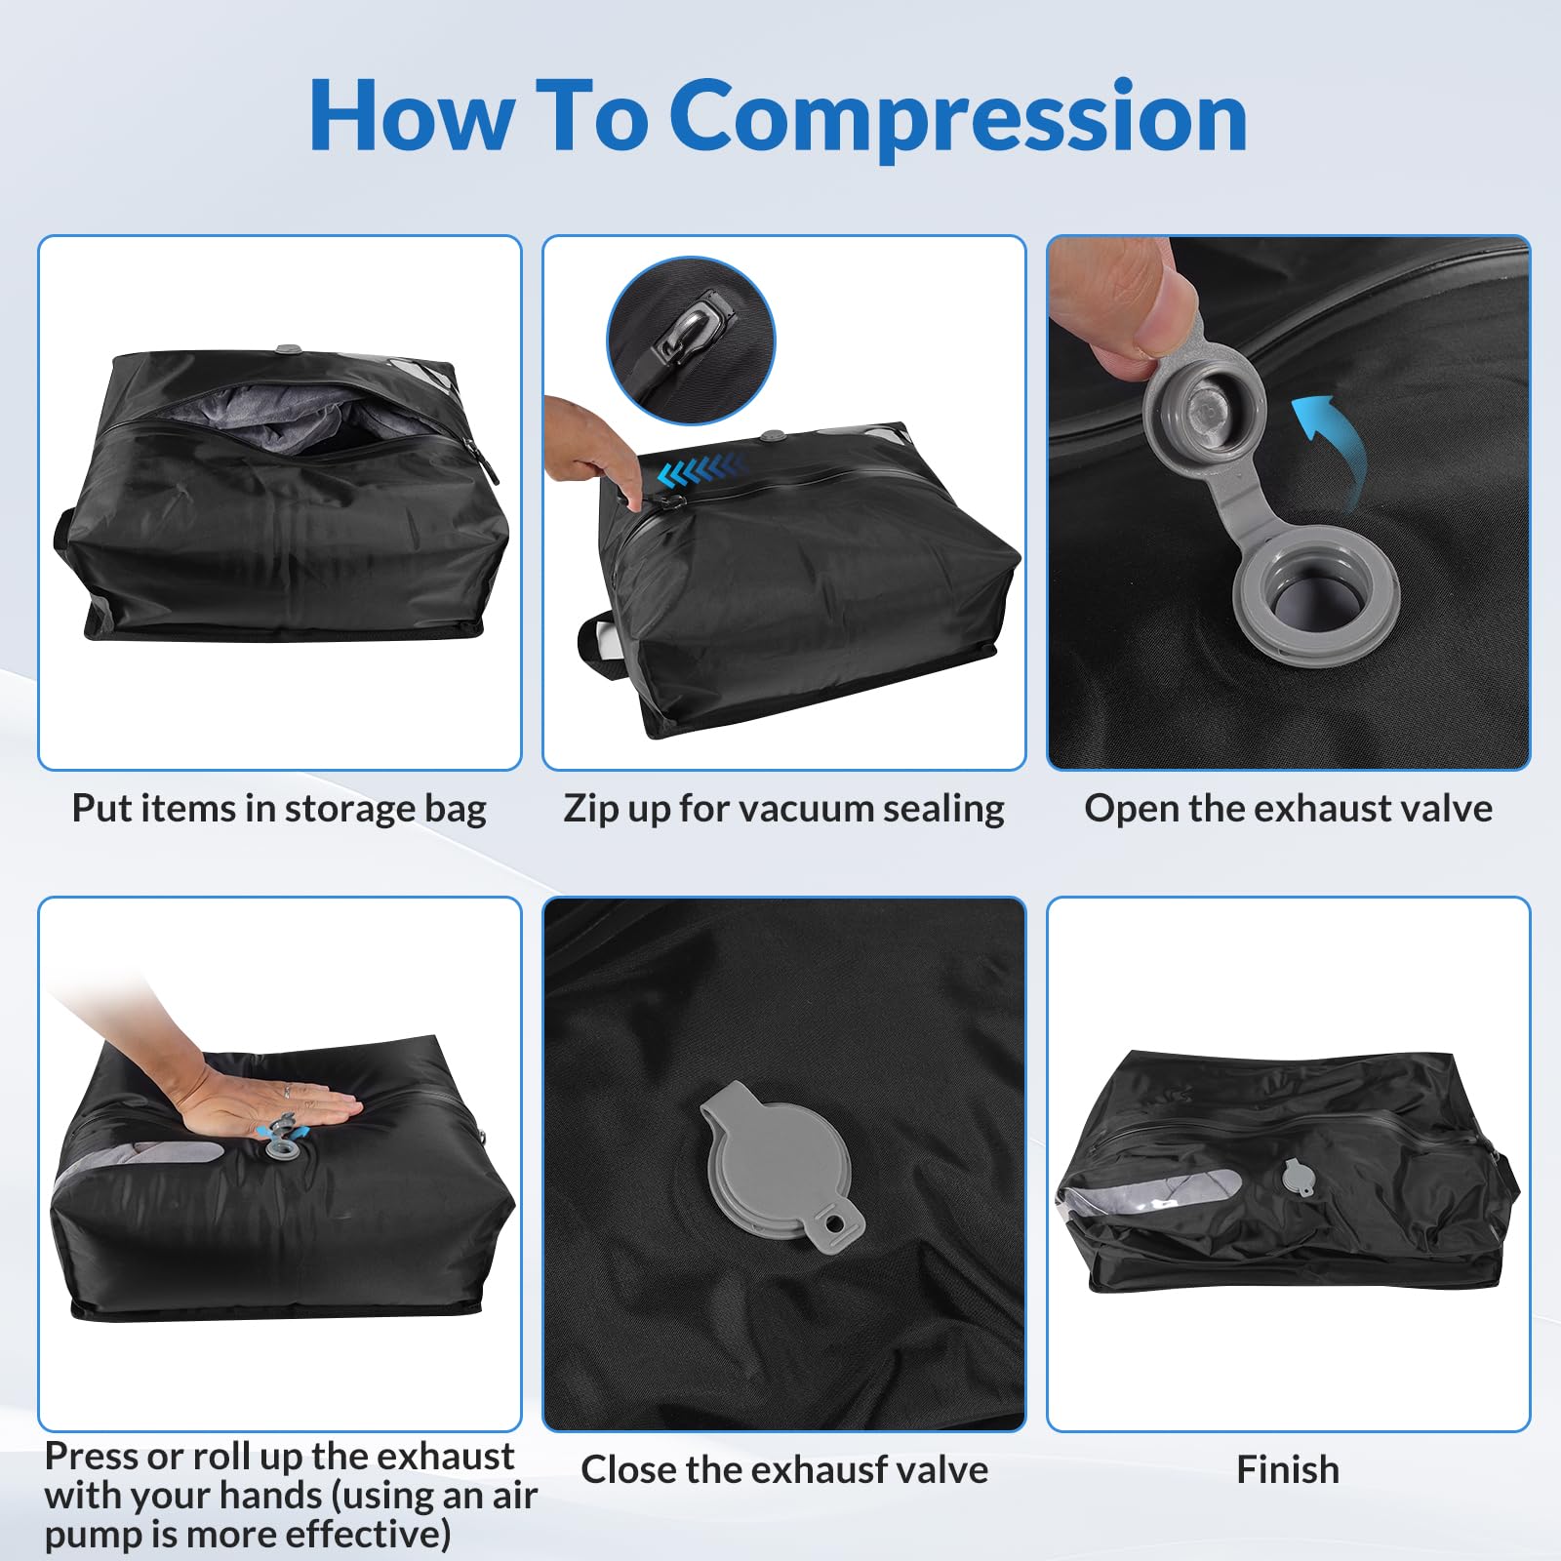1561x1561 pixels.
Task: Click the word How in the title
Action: point(412,116)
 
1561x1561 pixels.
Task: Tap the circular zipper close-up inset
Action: point(691,340)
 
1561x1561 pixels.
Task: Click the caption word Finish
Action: point(1288,1469)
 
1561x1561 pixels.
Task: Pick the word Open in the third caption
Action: point(1130,810)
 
